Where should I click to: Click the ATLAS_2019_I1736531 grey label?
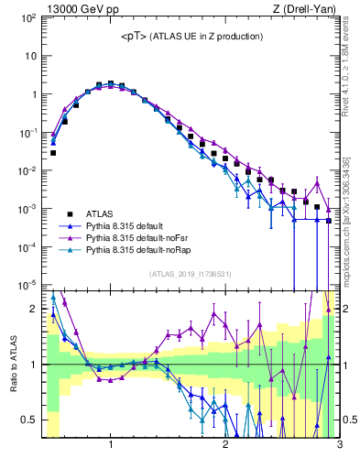(x=190, y=273)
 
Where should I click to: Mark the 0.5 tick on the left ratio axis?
(x=28, y=420)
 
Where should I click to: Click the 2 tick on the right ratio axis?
(x=348, y=309)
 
